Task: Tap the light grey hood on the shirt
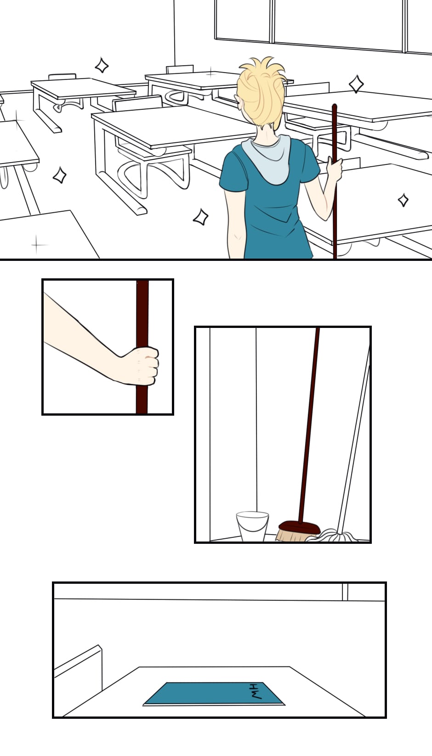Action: click(x=267, y=158)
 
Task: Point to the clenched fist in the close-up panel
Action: click(x=140, y=366)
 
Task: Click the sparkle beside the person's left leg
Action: click(x=201, y=217)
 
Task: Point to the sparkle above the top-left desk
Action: click(x=101, y=65)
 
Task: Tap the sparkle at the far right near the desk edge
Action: click(x=403, y=200)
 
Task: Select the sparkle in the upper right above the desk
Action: click(x=356, y=84)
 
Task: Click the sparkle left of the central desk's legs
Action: click(x=60, y=175)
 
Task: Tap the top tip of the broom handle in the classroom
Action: click(x=335, y=105)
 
